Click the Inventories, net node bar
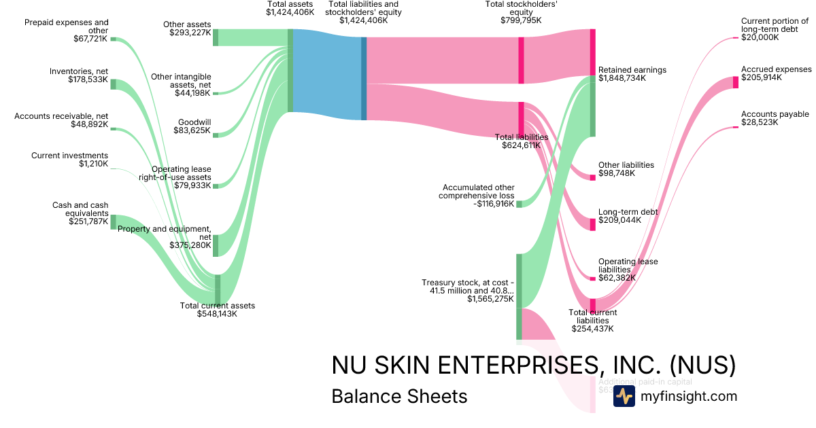[x=114, y=84]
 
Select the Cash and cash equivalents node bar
[x=114, y=221]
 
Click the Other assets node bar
[x=216, y=37]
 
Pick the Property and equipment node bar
[x=216, y=245]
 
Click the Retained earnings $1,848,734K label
[x=632, y=74]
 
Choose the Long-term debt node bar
[x=592, y=224]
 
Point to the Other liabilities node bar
[x=592, y=177]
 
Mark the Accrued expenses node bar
[x=736, y=82]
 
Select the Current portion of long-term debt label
[x=775, y=29]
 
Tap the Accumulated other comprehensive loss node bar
[x=519, y=204]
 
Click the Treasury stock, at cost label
[x=467, y=291]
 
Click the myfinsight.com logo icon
[x=624, y=397]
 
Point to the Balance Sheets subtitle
[x=399, y=396]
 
